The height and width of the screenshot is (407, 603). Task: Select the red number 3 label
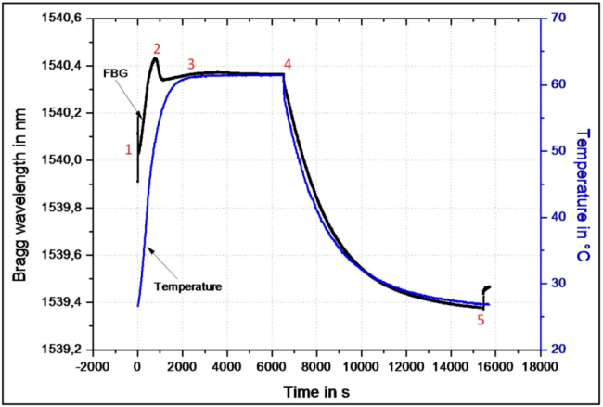[191, 64]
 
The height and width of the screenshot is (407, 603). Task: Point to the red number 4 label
[288, 64]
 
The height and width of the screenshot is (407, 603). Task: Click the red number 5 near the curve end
[480, 321]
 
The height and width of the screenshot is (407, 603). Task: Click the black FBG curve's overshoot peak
[154, 59]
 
